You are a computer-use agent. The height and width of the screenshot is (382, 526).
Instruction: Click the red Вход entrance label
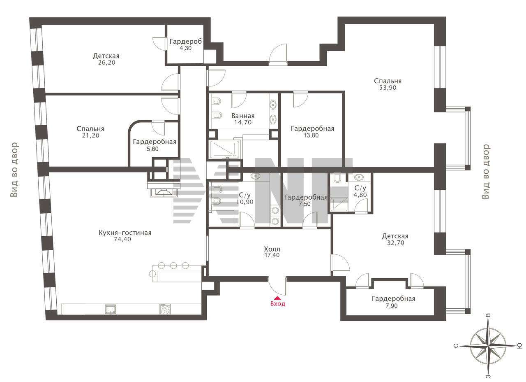[277, 304]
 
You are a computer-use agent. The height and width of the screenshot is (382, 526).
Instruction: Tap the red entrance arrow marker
[277, 297]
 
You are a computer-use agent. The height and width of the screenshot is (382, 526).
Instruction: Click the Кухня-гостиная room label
[125, 233]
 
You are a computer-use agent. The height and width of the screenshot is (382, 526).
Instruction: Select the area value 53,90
[388, 88]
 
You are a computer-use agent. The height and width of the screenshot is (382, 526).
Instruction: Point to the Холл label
[272, 249]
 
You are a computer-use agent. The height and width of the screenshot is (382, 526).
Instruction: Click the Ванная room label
[243, 116]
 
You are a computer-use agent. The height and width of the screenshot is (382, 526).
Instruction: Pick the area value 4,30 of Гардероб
[185, 48]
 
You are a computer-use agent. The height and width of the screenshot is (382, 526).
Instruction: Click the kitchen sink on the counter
[111, 309]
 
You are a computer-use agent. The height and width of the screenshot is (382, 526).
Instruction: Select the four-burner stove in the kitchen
[165, 309]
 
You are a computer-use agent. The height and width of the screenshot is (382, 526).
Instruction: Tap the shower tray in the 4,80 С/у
[339, 204]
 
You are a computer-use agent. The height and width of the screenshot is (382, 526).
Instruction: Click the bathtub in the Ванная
[224, 149]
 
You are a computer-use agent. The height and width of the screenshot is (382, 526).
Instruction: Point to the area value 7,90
[392, 306]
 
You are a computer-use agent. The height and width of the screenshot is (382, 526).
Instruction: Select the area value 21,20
[91, 135]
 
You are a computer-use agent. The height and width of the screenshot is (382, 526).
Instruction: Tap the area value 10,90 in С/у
[245, 202]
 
